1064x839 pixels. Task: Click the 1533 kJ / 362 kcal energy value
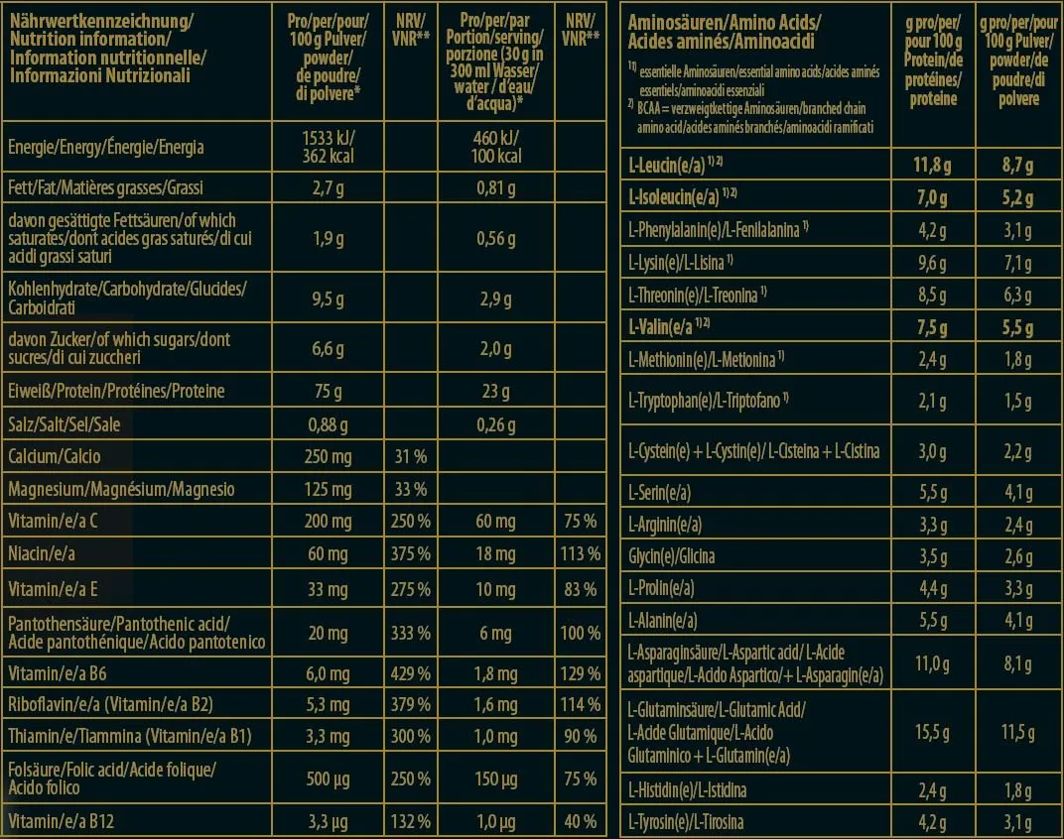click(x=328, y=147)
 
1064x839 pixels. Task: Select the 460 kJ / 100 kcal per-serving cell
click(x=496, y=147)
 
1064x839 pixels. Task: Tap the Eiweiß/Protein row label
click(x=116, y=391)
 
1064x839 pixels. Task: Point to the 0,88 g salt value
click(x=328, y=424)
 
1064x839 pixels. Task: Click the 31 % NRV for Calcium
click(x=411, y=456)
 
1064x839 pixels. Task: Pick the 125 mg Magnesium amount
click(x=328, y=489)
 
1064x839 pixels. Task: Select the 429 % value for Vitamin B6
click(x=411, y=673)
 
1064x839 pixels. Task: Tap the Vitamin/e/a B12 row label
click(x=62, y=821)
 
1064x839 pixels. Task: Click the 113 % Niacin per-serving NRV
click(x=581, y=553)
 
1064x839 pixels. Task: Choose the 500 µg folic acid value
click(x=328, y=779)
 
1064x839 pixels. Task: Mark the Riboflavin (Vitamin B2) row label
click(x=110, y=704)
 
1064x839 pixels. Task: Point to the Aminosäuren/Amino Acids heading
click(x=724, y=23)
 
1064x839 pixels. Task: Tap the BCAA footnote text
click(x=750, y=117)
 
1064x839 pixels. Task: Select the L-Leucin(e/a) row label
click(x=675, y=165)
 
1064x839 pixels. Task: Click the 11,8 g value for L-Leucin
click(x=932, y=165)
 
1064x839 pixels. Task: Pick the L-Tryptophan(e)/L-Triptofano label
click(x=709, y=401)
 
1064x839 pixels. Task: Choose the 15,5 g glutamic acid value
click(x=932, y=732)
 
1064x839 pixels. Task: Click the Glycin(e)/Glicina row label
click(x=671, y=556)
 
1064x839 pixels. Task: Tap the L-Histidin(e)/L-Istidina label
click(x=687, y=789)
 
